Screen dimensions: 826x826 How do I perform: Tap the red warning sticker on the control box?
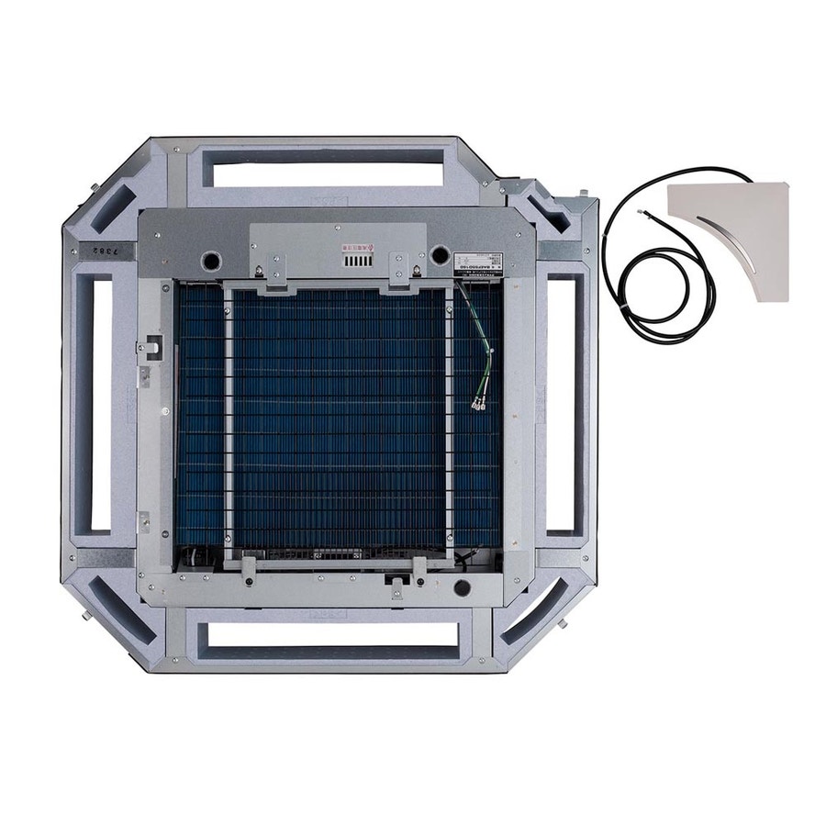354,247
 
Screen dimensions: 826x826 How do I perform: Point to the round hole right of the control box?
440,255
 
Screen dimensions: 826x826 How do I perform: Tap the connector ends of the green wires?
479,401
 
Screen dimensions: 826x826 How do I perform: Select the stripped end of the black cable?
642,213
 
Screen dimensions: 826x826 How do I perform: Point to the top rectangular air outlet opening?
324,174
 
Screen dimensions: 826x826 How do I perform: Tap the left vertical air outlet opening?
100,404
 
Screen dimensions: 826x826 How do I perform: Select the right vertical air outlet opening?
561,404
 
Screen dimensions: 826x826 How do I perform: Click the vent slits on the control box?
355,262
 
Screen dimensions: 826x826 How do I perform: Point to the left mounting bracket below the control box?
262,273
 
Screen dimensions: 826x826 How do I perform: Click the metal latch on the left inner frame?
148,349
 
